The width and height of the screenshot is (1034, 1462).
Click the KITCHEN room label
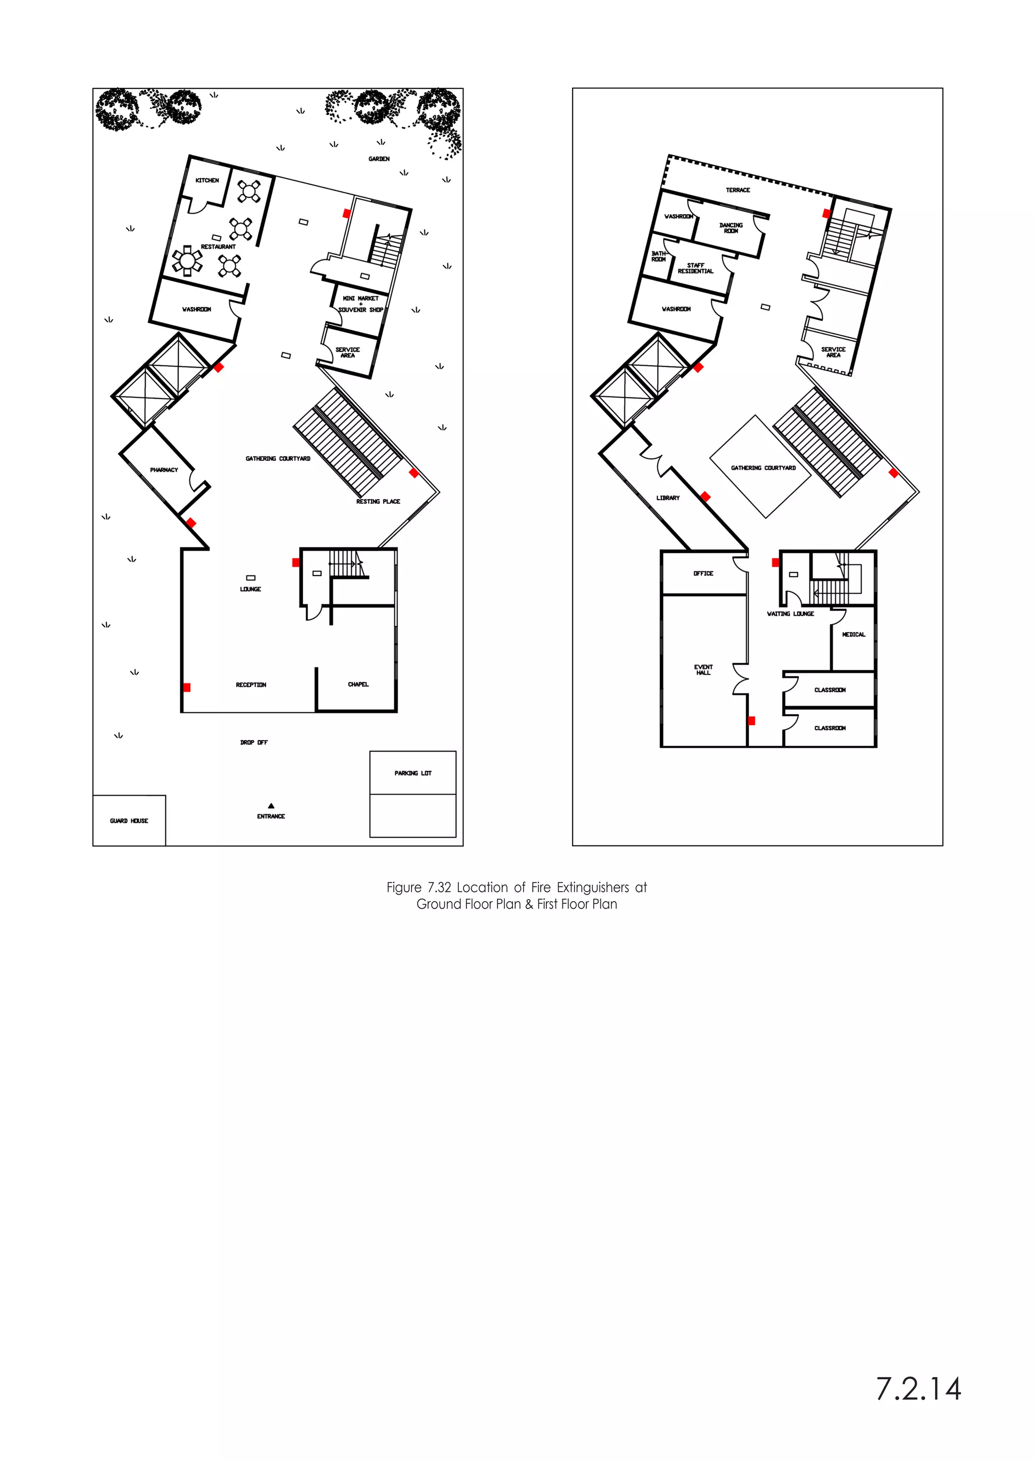(207, 180)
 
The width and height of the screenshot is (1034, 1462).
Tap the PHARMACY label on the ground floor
(164, 470)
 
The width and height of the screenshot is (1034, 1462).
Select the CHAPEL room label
(358, 685)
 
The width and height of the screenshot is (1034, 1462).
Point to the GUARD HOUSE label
(129, 821)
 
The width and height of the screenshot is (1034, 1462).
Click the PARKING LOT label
(412, 773)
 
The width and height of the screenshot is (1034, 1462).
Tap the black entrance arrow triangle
(271, 806)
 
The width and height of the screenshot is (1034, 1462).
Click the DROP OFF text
(253, 743)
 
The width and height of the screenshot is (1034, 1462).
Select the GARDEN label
(379, 159)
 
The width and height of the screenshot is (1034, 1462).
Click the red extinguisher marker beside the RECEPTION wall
(186, 687)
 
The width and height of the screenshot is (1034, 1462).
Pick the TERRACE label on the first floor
(738, 190)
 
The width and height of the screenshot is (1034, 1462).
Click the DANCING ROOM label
(731, 228)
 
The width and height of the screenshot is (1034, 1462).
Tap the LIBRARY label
(668, 498)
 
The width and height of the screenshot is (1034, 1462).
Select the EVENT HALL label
(703, 670)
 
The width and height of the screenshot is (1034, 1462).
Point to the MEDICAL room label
(853, 634)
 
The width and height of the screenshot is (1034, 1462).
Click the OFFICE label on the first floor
(703, 573)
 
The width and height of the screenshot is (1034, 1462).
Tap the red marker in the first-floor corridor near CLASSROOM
(751, 721)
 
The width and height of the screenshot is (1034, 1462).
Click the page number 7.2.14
(918, 1389)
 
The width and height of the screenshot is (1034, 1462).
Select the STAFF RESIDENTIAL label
(695, 268)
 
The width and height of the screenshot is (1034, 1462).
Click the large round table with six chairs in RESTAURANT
(186, 260)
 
